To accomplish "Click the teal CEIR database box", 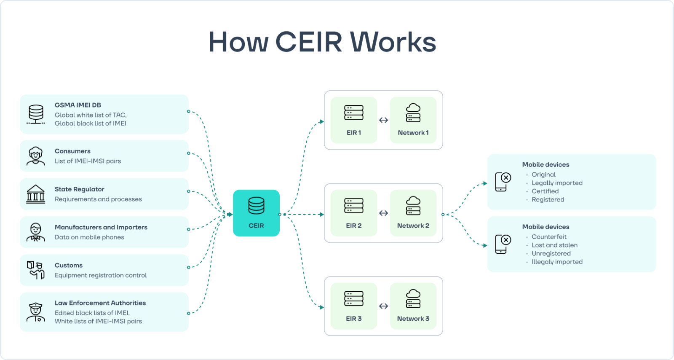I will tap(256, 213).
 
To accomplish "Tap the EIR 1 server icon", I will tap(354, 113).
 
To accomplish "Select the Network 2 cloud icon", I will tap(413, 206).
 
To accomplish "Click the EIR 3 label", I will tap(354, 319).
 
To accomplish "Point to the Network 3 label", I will tap(413, 319).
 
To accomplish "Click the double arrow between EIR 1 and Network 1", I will tap(383, 120).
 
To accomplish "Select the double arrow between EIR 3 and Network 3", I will tap(383, 306).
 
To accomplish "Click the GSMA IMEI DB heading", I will tap(78, 105).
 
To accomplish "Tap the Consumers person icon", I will tap(36, 156).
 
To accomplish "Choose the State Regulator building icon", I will tap(36, 194).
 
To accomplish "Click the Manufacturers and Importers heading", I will tap(101, 227).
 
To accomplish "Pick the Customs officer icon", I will tap(36, 270).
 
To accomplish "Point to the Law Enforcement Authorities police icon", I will tap(36, 312).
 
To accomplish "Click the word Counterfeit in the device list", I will tap(549, 237).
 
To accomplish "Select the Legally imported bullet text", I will tap(557, 183).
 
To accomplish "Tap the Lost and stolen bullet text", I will tap(554, 245).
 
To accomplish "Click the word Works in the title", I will tap(393, 42).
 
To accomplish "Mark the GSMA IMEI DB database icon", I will tap(36, 114).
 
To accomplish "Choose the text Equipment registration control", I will tap(101, 275).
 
